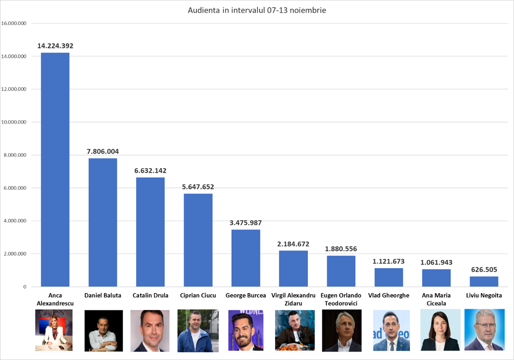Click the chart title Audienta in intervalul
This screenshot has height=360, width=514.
click(257, 10)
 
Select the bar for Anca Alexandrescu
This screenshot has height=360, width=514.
click(55, 169)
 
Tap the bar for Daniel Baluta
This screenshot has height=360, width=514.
click(103, 222)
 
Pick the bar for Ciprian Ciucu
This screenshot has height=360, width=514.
click(198, 240)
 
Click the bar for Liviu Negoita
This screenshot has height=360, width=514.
click(484, 281)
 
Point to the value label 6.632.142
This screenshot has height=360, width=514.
click(150, 170)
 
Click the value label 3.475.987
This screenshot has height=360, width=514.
click(246, 223)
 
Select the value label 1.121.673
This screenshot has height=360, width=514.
click(388, 261)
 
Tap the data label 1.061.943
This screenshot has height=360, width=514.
click(436, 262)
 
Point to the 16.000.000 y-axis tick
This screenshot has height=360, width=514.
click(14, 23)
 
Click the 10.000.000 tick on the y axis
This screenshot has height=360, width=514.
click(14, 122)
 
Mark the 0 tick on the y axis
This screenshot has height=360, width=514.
click(25, 287)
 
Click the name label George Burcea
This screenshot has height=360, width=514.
click(246, 295)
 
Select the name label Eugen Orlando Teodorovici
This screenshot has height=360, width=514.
click(341, 299)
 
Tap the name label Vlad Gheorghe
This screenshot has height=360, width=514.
click(388, 295)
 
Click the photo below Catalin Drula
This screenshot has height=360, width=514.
click(150, 331)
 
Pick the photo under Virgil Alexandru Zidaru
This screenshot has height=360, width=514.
click(295, 330)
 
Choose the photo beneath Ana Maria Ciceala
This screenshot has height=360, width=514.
click(440, 330)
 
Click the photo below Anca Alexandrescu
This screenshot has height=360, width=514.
click(54, 330)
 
